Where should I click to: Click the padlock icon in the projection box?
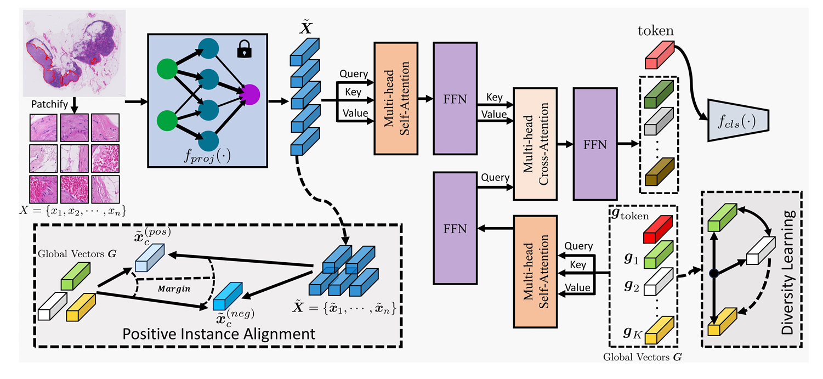pos(245,49)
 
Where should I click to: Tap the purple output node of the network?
pos(250,95)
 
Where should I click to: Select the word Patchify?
pos(49,104)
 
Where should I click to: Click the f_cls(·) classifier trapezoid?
pos(738,120)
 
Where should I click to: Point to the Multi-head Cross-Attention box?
pos(535,144)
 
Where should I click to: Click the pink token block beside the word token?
pos(660,55)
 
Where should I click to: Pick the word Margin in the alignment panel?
pos(174,289)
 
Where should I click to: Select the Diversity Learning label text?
pos(788,272)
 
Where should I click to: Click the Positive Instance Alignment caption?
pos(219,334)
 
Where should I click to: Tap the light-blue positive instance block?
pos(150,257)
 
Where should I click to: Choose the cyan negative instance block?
pos(228,296)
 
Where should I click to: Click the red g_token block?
pos(657,229)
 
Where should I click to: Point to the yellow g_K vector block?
pos(660,330)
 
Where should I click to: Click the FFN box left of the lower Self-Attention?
pos(455,228)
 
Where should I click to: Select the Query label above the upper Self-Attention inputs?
pos(354,74)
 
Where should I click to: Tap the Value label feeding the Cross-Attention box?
pos(494,114)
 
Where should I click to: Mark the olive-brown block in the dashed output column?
pos(659,172)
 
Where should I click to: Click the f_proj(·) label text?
pos(207,156)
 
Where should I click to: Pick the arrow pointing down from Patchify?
pos(74,105)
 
